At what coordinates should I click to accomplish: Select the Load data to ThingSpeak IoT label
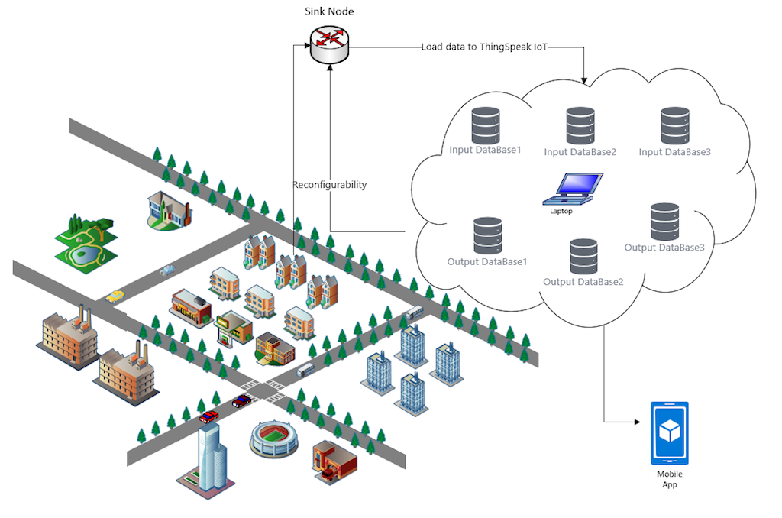[484, 47]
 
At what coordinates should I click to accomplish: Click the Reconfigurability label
[330, 185]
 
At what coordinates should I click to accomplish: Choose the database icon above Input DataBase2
[580, 126]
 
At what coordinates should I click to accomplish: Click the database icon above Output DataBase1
[487, 236]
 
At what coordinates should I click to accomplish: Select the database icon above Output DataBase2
[583, 257]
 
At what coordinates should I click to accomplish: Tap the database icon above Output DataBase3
[665, 222]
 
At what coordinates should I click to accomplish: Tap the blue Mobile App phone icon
[669, 433]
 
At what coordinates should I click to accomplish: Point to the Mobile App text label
[669, 479]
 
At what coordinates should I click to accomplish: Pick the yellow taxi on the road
[115, 296]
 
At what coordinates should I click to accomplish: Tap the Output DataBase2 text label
[583, 282]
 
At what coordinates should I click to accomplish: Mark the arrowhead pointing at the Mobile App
[636, 422]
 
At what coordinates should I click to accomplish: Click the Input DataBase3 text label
[675, 152]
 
